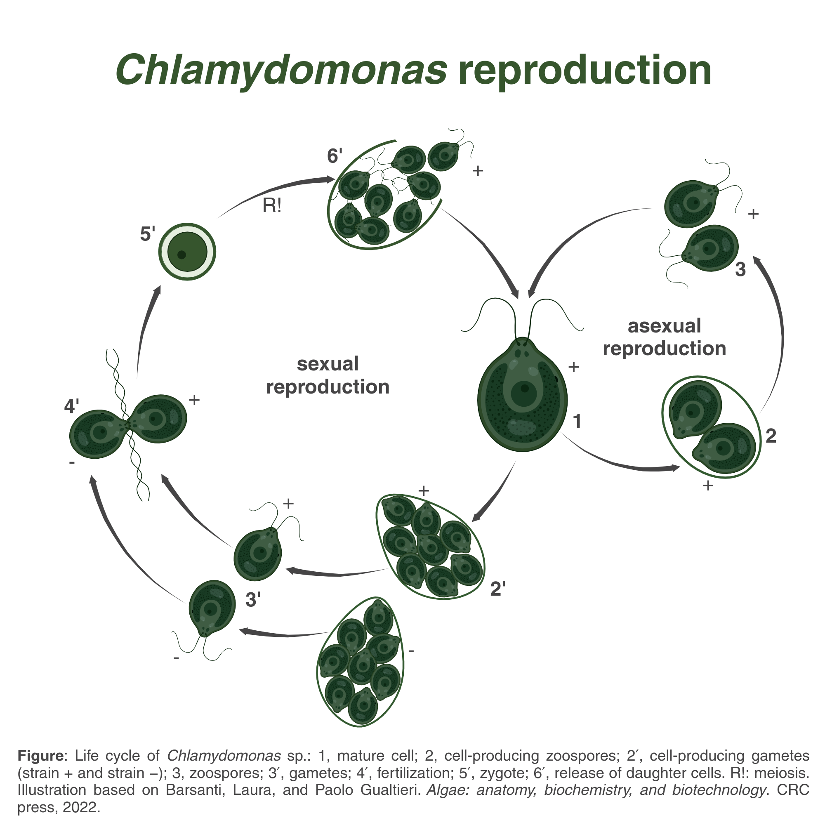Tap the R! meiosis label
pyautogui.click(x=272, y=206)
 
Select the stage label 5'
pyautogui.click(x=147, y=234)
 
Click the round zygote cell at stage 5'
pyautogui.click(x=187, y=252)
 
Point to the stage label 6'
pyautogui.click(x=335, y=156)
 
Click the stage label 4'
pyautogui.click(x=72, y=406)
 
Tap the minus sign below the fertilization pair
pyautogui.click(x=72, y=462)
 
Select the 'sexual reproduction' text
pyautogui.click(x=328, y=375)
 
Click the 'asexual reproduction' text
pyautogui.click(x=664, y=337)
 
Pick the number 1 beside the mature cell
pyautogui.click(x=577, y=422)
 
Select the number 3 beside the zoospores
pyautogui.click(x=740, y=269)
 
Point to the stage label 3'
pyautogui.click(x=253, y=600)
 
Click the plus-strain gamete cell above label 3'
pyautogui.click(x=258, y=554)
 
